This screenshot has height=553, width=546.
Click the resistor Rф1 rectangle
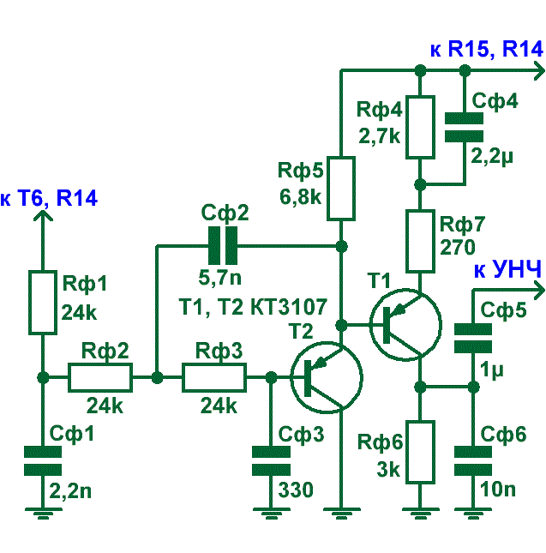43,303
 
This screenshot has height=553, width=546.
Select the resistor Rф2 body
100,377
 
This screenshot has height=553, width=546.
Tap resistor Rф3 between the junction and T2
214,377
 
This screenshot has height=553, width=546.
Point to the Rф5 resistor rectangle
341,189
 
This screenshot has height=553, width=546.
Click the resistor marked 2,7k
420,127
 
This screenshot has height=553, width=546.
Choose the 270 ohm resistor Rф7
420,241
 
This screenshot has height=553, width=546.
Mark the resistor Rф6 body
420,452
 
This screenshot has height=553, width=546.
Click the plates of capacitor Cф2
223,245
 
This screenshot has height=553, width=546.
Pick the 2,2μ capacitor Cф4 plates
464,127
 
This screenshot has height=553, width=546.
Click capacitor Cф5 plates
473,338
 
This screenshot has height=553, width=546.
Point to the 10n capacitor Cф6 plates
473,460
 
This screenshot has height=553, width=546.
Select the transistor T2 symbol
327,377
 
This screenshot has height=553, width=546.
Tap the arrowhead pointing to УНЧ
540,291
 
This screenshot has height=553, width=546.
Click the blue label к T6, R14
49,198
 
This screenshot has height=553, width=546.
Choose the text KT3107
289,307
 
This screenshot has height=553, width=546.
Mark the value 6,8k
300,197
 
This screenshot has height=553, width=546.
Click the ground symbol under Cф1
43,514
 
